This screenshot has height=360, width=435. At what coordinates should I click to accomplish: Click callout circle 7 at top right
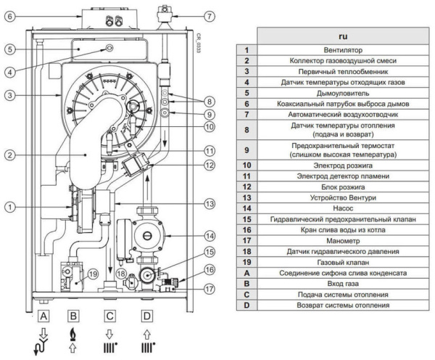pyautogui.click(x=210, y=15)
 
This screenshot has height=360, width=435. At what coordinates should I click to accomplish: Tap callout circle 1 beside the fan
pyautogui.click(x=9, y=207)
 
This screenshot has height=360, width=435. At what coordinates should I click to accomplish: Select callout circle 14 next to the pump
pyautogui.click(x=210, y=236)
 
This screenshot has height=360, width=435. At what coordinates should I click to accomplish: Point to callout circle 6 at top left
pyautogui.click(x=9, y=15)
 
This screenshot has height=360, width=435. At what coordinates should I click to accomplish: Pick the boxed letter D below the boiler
pyautogui.click(x=148, y=316)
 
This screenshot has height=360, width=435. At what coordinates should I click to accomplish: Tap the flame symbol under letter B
pyautogui.click(x=72, y=332)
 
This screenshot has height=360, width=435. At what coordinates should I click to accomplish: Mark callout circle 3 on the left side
pyautogui.click(x=9, y=95)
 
